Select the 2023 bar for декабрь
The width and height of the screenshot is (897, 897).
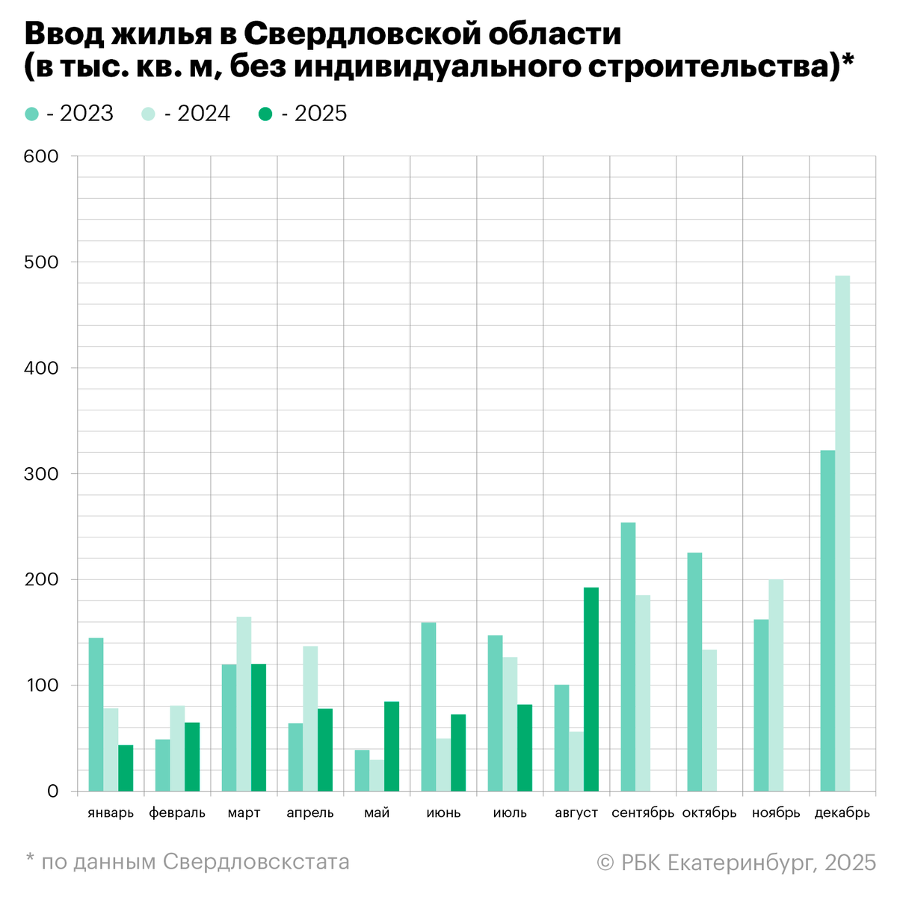click(827, 620)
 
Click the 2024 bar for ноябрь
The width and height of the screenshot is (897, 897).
click(776, 685)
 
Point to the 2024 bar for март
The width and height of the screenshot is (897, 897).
click(244, 703)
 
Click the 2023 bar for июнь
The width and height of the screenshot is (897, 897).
click(428, 706)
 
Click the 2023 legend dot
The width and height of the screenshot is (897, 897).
click(32, 114)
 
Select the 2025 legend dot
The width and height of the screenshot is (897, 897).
click(265, 114)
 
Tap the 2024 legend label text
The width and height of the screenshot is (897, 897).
click(197, 114)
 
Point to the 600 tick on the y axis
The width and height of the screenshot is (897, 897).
click(41, 156)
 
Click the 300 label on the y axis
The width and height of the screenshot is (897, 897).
click(41, 474)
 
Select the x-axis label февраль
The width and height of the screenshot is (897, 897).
click(177, 813)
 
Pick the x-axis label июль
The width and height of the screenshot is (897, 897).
click(510, 813)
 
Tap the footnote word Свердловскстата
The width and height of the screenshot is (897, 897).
click(256, 862)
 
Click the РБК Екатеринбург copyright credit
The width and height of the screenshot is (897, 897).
click(736, 863)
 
